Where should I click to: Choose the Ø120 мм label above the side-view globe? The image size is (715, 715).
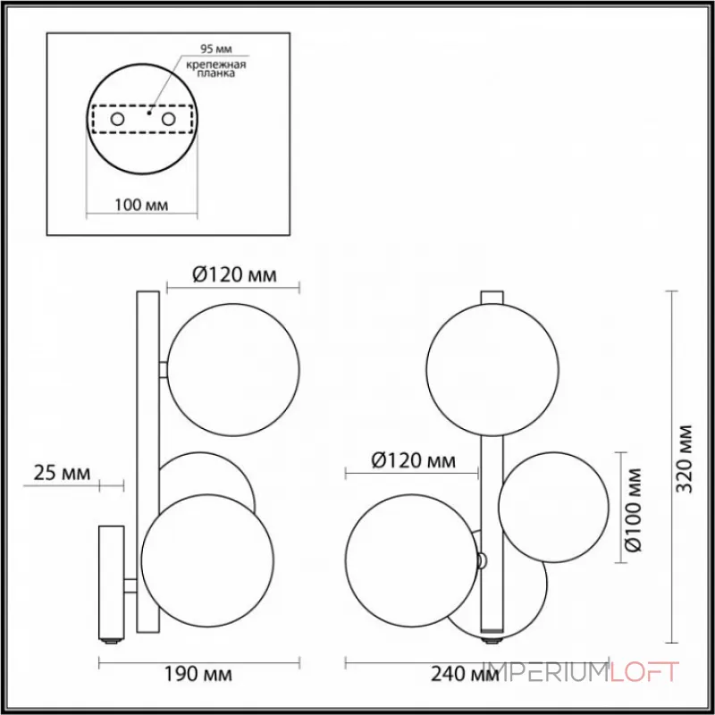pos(233,275)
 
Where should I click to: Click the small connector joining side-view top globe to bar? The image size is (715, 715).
pos(164,368)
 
